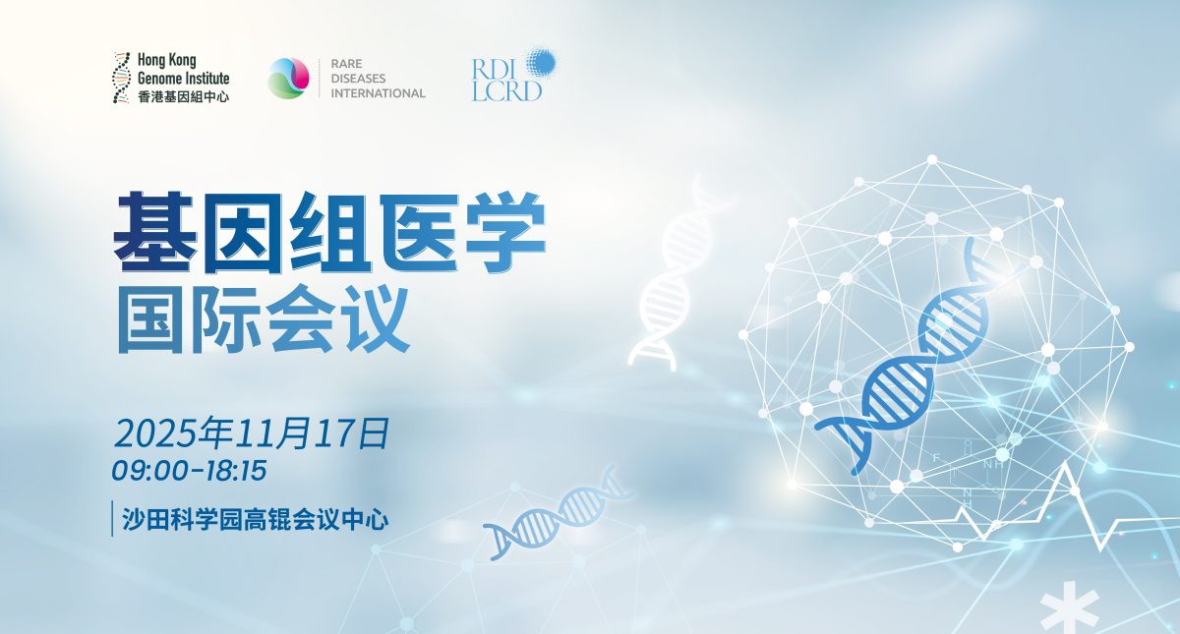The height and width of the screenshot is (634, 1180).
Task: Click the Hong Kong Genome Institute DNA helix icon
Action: click(x=121, y=78)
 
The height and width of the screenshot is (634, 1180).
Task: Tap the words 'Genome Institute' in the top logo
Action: click(x=183, y=79)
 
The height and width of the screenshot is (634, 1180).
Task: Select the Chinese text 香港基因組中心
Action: click(x=183, y=96)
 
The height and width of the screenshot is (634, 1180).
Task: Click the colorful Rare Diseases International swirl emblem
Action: click(x=288, y=78)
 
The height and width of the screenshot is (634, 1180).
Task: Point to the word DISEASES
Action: click(x=358, y=79)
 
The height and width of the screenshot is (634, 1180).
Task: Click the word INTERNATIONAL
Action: click(x=378, y=93)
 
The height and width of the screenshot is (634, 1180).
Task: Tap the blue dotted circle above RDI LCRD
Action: click(x=541, y=63)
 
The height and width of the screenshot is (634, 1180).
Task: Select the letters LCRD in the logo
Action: click(x=506, y=90)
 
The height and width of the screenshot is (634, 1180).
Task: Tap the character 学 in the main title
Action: click(x=503, y=232)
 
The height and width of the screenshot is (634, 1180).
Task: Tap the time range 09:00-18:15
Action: click(x=189, y=471)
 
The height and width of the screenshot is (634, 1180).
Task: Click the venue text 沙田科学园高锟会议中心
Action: click(x=256, y=519)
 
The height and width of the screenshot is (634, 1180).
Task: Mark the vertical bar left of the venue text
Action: click(x=112, y=519)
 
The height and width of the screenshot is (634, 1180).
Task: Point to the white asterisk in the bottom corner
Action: click(x=1070, y=609)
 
